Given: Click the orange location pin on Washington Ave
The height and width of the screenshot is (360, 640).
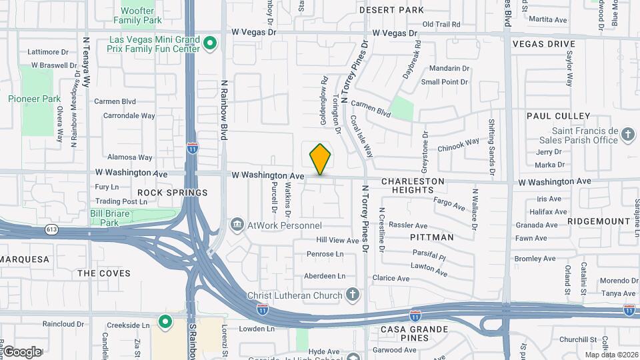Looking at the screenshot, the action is pyautogui.click(x=320, y=159).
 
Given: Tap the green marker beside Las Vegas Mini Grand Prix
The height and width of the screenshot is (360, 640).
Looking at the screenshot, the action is pyautogui.click(x=210, y=44).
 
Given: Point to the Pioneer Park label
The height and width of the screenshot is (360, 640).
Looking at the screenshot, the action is pyautogui.click(x=34, y=99).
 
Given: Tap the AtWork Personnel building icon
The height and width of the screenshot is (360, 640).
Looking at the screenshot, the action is pyautogui.click(x=237, y=225).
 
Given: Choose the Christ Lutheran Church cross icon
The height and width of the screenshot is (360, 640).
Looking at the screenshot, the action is pyautogui.click(x=353, y=294).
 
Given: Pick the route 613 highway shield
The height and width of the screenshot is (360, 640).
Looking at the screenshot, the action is pyautogui.click(x=51, y=229).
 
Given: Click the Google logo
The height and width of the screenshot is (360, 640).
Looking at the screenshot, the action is pyautogui.click(x=21, y=352).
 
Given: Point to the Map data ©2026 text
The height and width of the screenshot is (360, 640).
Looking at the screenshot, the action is pyautogui.click(x=610, y=355).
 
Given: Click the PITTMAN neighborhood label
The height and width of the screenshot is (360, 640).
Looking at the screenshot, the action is pyautogui.click(x=431, y=237).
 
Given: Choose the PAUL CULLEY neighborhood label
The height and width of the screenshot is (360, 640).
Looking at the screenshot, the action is pyautogui.click(x=558, y=116).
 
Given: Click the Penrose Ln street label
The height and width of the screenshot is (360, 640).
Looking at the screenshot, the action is pyautogui.click(x=325, y=254).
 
